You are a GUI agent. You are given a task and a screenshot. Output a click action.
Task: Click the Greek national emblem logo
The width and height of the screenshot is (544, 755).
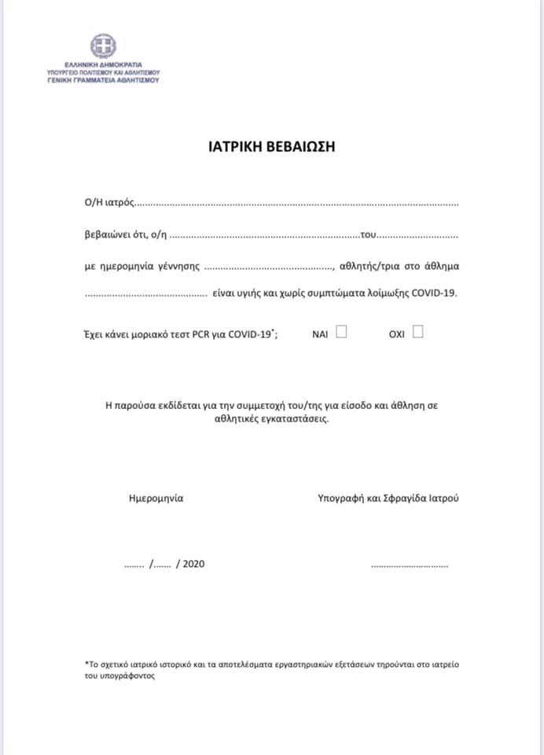click(103, 46)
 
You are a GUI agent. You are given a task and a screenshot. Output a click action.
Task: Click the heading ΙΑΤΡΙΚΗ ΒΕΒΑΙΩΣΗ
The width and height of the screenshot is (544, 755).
click(272, 147)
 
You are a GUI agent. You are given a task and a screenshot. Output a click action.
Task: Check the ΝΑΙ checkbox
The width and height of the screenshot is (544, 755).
click(341, 332)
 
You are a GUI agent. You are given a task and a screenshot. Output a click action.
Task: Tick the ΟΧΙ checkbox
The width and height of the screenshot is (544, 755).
click(417, 332)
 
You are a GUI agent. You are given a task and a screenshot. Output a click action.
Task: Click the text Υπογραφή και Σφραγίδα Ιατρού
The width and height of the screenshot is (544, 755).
click(388, 499)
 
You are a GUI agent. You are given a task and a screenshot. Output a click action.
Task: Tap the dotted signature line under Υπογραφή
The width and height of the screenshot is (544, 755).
click(409, 565)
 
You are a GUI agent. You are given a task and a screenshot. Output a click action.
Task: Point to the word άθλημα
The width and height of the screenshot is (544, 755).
click(442, 266)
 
